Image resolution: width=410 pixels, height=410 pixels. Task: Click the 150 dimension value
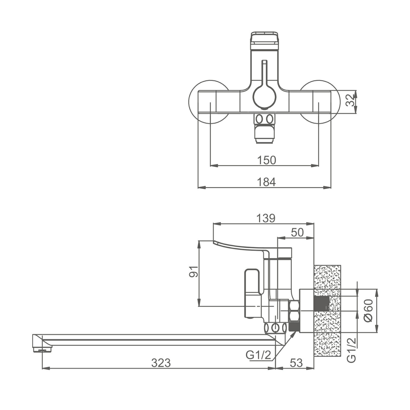coord(266,160)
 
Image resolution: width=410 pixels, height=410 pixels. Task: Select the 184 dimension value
coord(266,182)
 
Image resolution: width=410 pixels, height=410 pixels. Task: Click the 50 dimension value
coord(297,232)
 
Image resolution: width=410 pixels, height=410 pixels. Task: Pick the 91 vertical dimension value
coord(194,271)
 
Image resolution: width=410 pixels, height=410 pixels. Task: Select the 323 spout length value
coord(161,363)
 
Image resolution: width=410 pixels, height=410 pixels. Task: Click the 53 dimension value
coord(296,363)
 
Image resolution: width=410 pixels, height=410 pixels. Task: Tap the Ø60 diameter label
coord(368,311)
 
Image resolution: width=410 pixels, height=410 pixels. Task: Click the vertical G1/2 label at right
coord(352,350)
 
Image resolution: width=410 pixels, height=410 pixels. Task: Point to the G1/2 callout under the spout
coord(258,355)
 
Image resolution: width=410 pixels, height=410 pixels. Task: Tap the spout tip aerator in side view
coord(42,349)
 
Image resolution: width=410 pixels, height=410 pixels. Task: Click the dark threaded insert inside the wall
coord(322,304)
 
